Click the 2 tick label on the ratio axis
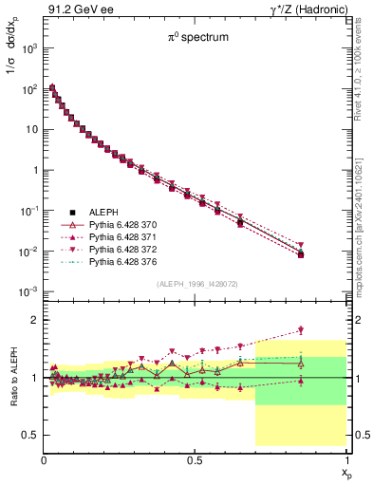coord(35,320)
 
